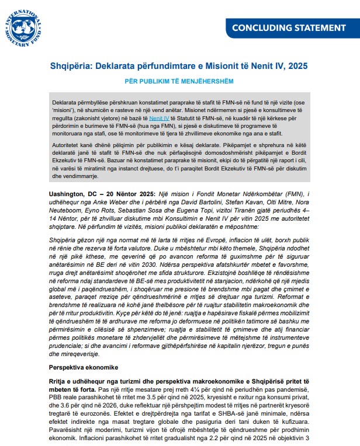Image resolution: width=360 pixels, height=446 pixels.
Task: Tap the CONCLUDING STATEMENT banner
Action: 289,27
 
